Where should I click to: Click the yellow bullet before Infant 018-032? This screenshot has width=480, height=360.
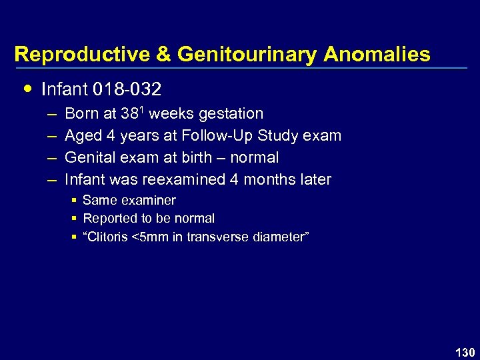[x=27, y=87]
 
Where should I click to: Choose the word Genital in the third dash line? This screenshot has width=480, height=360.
[x=89, y=158]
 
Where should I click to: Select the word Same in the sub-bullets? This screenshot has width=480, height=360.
[x=97, y=200]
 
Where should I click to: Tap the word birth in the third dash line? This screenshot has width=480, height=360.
[x=203, y=158]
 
